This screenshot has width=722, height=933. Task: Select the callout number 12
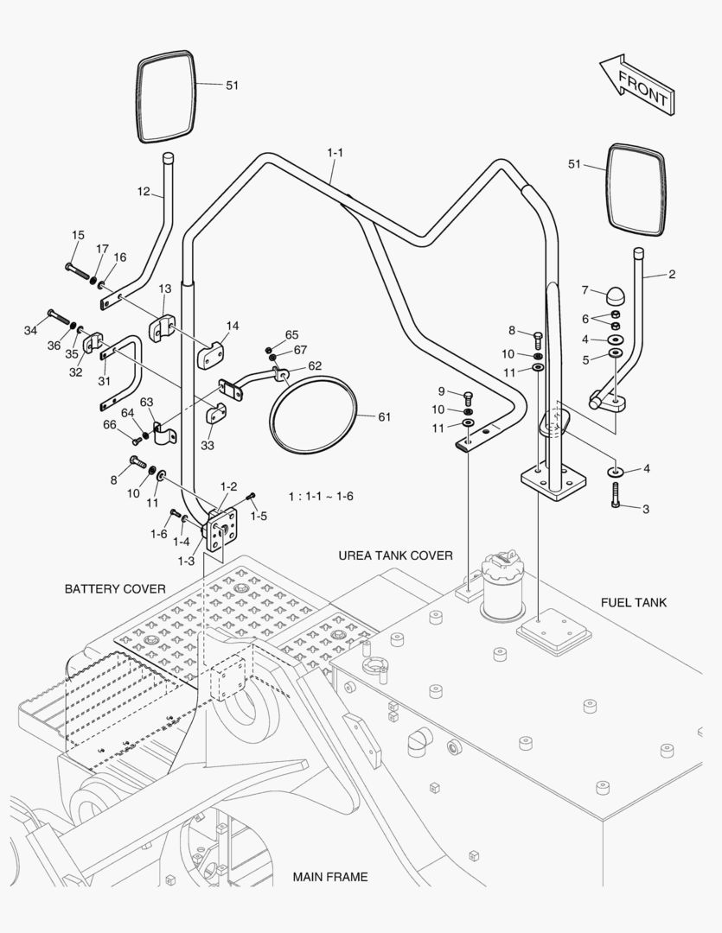[x=144, y=191]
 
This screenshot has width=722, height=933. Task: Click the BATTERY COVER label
[x=115, y=589]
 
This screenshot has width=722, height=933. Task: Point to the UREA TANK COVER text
[x=395, y=555]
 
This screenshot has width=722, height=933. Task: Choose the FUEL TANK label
[x=634, y=602]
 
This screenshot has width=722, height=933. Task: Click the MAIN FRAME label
[x=329, y=877]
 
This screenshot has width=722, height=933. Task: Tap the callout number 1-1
[x=335, y=153]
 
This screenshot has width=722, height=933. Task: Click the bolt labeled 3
[x=617, y=495]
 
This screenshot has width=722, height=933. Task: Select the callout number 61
[x=385, y=416]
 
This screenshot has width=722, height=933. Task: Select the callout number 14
[x=233, y=327]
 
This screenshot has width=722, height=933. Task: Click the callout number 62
[x=315, y=365]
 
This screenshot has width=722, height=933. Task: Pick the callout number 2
[x=672, y=275]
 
